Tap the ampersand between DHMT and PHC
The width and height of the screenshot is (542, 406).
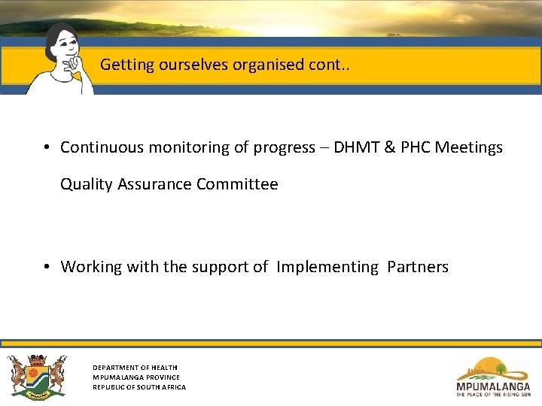pyautogui.click(x=390, y=147)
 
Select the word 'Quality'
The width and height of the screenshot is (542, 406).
pyautogui.click(x=87, y=184)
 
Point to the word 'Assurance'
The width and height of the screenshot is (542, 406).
pyautogui.click(x=154, y=184)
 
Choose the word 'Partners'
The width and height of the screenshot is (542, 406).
pyautogui.click(x=418, y=267)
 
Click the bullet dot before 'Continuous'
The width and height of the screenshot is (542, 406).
pyautogui.click(x=47, y=147)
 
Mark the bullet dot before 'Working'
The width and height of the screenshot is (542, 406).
pyautogui.click(x=47, y=267)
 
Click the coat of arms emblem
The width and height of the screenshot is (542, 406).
pyautogui.click(x=37, y=377)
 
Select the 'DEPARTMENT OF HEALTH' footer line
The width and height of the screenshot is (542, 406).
pyautogui.click(x=135, y=368)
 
